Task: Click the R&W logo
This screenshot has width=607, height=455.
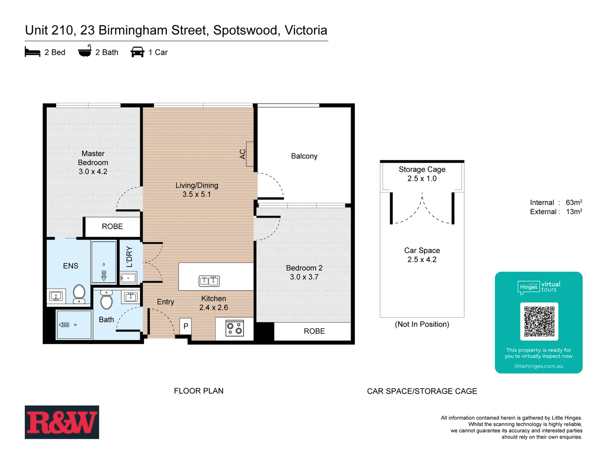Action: pyautogui.click(x=62, y=422)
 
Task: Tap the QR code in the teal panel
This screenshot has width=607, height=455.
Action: pyautogui.click(x=539, y=321)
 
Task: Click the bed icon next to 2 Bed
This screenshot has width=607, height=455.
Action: pyautogui.click(x=32, y=52)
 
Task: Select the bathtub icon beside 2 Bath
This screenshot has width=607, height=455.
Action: pyautogui.click(x=85, y=51)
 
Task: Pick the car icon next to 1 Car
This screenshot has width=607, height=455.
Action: pyautogui.click(x=137, y=52)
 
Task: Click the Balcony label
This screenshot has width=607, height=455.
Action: pyautogui.click(x=304, y=156)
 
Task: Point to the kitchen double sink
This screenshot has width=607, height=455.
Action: pyautogui.click(x=209, y=281)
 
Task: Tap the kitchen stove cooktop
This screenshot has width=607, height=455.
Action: pyautogui.click(x=234, y=328)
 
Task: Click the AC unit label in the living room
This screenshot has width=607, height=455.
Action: pyautogui.click(x=243, y=154)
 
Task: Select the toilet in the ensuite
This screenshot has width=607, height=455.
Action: pyautogui.click(x=79, y=292)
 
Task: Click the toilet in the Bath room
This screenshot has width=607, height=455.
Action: pyautogui.click(x=107, y=301)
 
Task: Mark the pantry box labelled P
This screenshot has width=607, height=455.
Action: pyautogui.click(x=185, y=326)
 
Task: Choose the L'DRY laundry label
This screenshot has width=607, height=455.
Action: pyautogui.click(x=129, y=257)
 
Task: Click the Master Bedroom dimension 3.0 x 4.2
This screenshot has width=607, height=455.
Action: pyautogui.click(x=93, y=171)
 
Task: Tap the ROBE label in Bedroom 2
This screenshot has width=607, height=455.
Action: pyautogui.click(x=314, y=331)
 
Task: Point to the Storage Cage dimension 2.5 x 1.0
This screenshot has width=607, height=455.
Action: pyautogui.click(x=422, y=179)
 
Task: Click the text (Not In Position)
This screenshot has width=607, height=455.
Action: pyautogui.click(x=422, y=324)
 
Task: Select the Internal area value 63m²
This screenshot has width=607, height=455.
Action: pyautogui.click(x=574, y=203)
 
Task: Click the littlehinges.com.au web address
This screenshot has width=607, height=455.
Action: pyautogui.click(x=538, y=366)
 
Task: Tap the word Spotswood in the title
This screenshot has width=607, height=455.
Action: pyautogui.click(x=246, y=30)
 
